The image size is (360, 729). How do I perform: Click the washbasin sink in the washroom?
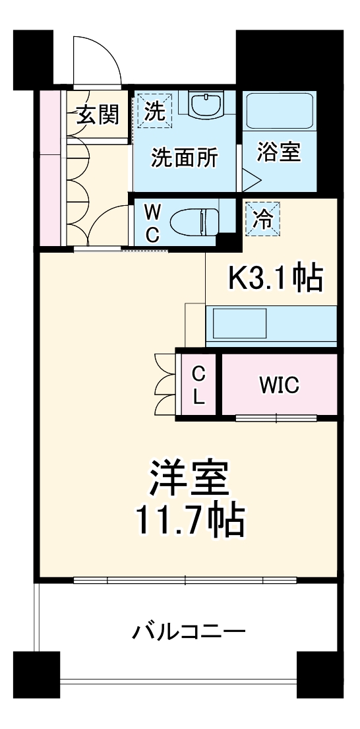(205, 104)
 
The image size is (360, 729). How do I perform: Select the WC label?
(152, 224)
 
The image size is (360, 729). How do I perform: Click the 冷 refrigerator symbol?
(262, 218)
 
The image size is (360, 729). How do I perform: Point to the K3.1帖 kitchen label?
(275, 279)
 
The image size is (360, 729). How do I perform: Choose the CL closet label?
(198, 385)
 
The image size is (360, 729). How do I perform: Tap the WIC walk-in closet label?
(279, 383)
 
